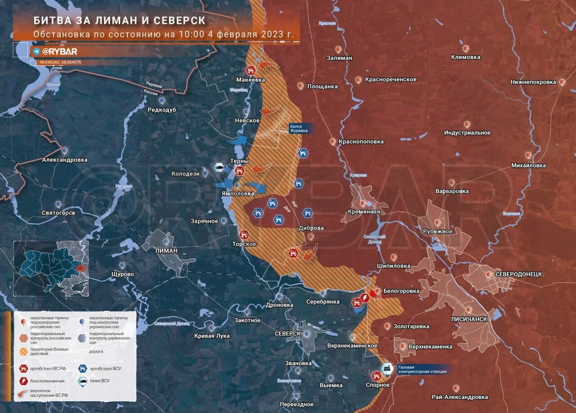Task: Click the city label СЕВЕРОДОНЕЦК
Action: point(518,274)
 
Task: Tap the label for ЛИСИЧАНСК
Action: point(469,319)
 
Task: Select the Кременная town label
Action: point(364,212)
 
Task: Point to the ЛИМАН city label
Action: point(166,250)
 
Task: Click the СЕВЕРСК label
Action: point(288,333)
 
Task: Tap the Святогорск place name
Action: point(58,213)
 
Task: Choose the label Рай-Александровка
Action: point(459,397)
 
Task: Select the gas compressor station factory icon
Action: point(386,368)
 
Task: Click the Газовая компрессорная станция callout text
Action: point(422,369)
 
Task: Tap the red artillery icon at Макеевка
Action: point(251,70)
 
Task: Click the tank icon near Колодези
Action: point(219,167)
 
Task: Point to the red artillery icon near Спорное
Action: point(377,376)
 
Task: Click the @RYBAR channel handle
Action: point(59,51)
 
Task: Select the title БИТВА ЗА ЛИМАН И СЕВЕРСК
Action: point(119,21)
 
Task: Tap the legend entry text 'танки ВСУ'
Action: point(100,381)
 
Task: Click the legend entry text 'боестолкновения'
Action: point(47,381)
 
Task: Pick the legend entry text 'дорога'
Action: point(96,351)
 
